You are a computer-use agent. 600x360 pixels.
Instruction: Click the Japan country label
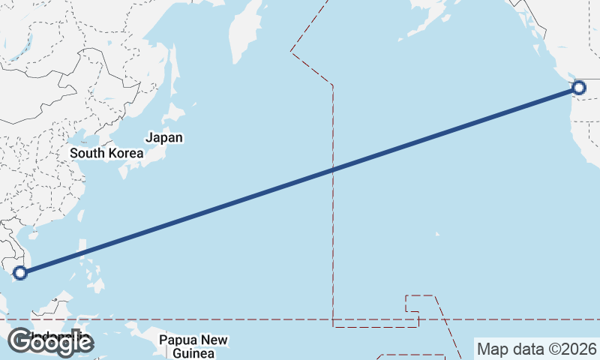point(164,138)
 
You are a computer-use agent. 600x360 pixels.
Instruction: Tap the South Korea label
point(106,153)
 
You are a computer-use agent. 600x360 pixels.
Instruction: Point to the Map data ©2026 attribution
point(537,349)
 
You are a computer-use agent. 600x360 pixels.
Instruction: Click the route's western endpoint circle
point(20,272)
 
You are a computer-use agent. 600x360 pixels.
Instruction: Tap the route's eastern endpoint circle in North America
point(578,88)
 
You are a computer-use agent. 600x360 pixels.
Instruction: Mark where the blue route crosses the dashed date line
point(333,169)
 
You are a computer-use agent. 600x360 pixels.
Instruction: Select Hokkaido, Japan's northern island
point(175,112)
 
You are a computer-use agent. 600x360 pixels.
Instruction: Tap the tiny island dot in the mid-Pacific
point(437,234)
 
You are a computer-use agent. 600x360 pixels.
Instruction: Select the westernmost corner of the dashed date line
point(291,51)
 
